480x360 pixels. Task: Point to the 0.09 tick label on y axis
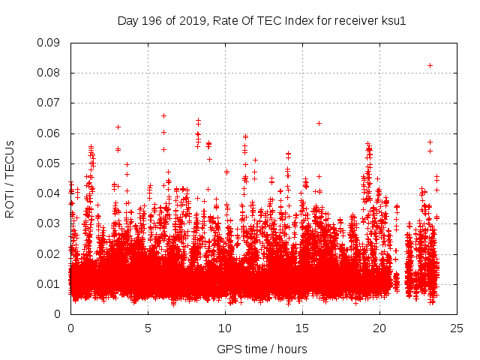pyautogui.click(x=49, y=43)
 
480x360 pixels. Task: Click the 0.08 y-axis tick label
pyautogui.click(x=49, y=73)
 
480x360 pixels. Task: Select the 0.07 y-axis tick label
pyautogui.click(x=49, y=103)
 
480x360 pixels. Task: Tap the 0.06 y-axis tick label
pyautogui.click(x=49, y=133)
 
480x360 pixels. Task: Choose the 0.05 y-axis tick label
pyautogui.click(x=49, y=163)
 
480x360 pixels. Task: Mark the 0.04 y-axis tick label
pyautogui.click(x=49, y=193)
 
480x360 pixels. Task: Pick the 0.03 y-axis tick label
pyautogui.click(x=49, y=223)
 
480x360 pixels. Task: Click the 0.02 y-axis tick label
pyautogui.click(x=49, y=253)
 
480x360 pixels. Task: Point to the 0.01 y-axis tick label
pyautogui.click(x=49, y=283)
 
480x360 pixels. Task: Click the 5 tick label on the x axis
pyautogui.click(x=148, y=328)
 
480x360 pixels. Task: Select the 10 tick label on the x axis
pyautogui.click(x=225, y=328)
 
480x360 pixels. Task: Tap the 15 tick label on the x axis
pyautogui.click(x=302, y=328)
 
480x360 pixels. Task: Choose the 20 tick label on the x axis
pyautogui.click(x=379, y=328)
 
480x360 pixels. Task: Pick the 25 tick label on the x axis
pyautogui.click(x=457, y=328)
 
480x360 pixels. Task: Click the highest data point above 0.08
pyautogui.click(x=430, y=65)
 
